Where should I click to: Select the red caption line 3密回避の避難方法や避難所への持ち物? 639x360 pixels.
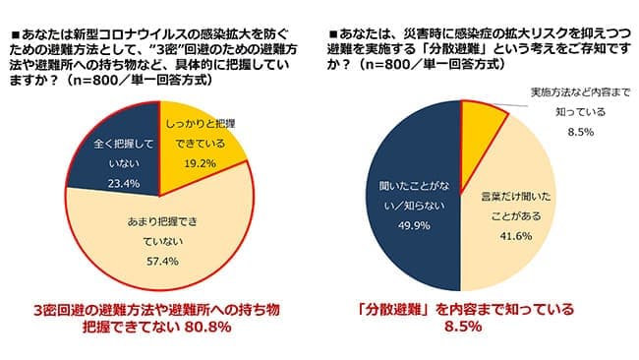point(157,309)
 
